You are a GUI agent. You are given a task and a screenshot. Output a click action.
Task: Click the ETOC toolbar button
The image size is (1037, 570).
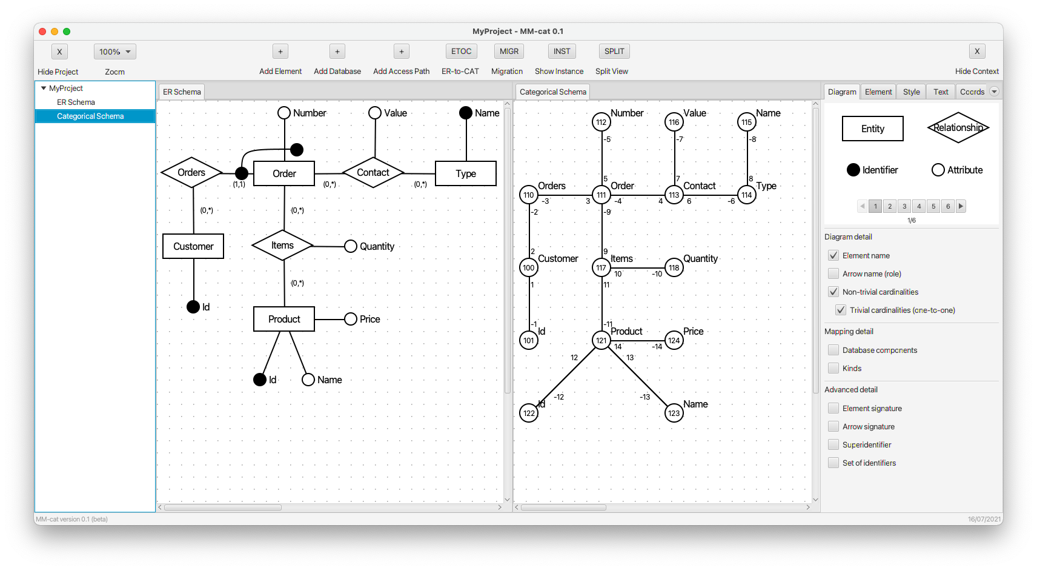point(461,52)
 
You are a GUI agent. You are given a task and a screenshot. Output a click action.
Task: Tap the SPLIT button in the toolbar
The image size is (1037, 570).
point(614,52)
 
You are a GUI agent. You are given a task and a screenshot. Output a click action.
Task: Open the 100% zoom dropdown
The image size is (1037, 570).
point(115,52)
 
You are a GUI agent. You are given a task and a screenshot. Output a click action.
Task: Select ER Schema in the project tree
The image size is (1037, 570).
point(76,102)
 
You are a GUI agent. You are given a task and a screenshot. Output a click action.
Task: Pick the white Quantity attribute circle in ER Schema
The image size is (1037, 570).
point(351,246)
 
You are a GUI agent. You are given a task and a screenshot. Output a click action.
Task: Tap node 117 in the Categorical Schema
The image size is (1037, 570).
point(601,267)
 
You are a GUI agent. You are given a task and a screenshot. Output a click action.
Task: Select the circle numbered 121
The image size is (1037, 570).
point(601,340)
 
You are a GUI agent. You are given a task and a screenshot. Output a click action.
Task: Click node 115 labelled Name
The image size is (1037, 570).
point(746,122)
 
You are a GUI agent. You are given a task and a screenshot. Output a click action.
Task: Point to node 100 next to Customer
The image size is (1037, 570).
point(529,267)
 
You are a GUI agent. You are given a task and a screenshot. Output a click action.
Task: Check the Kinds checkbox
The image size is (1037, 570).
point(833,368)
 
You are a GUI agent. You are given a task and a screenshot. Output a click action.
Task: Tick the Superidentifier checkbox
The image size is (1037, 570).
point(833,444)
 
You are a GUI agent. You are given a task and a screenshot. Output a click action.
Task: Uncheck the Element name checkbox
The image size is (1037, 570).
point(833,255)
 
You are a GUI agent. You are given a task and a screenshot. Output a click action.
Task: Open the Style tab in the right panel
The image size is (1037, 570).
point(911,92)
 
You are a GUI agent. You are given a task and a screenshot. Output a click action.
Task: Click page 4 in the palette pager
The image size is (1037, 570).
point(919,206)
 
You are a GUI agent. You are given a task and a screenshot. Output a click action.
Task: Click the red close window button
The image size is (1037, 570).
point(42,32)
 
